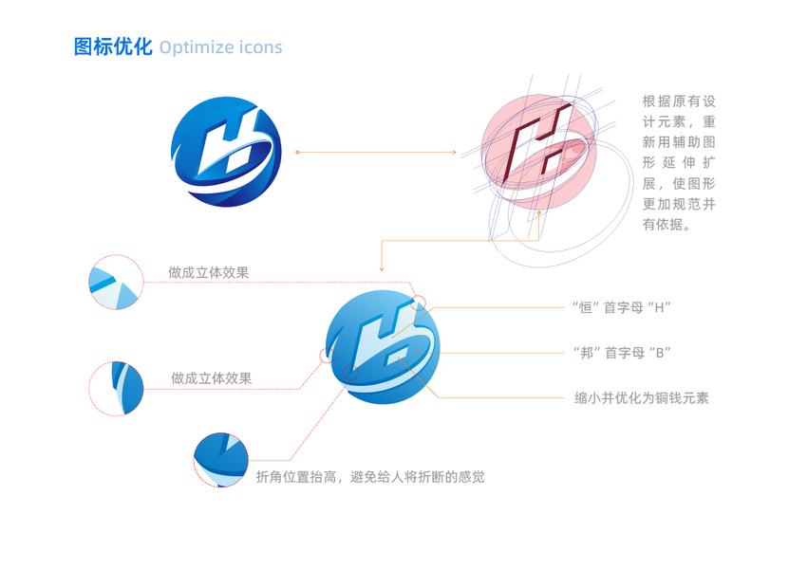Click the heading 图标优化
click(113, 47)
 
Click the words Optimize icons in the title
click(220, 47)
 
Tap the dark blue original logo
click(226, 152)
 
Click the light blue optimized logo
click(383, 345)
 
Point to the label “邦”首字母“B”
click(622, 352)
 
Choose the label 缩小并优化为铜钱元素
click(642, 398)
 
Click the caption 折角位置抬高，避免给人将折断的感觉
click(370, 476)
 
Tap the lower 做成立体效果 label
click(211, 377)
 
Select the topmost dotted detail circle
click(114, 283)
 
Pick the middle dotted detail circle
click(116, 388)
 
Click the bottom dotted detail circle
click(221, 459)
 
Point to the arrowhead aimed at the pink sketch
click(455, 152)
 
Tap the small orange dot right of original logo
click(297, 152)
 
